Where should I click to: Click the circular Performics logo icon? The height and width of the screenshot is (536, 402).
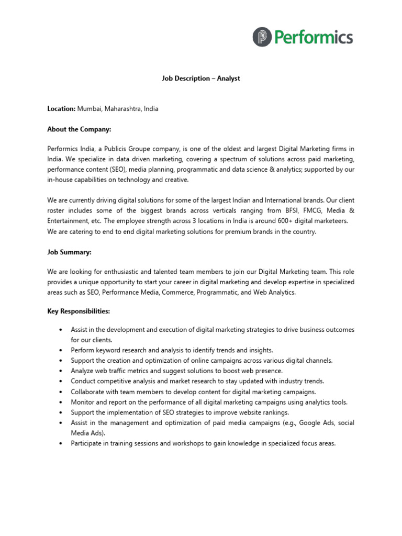coord(262,37)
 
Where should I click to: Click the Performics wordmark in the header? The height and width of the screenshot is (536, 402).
coord(313,38)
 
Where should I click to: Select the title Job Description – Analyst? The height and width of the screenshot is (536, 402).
coord(200,79)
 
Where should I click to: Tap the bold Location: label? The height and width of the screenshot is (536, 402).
coord(61,109)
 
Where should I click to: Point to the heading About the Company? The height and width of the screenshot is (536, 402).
coord(79,129)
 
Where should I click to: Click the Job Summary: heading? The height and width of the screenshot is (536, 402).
coord(69,252)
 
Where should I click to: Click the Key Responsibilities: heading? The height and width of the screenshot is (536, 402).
coord(79,311)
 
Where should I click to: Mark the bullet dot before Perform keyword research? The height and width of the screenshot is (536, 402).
coord(61,350)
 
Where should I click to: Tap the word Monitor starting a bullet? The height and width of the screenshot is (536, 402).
coord(83,402)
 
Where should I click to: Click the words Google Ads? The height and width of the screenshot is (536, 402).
coord(305,422)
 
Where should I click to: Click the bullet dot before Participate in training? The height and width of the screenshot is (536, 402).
coord(61,443)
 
